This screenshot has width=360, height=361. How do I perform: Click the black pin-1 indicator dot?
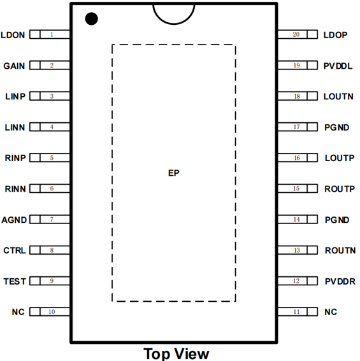pyautogui.click(x=92, y=18)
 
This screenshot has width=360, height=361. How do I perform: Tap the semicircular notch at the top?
pyautogui.click(x=174, y=24)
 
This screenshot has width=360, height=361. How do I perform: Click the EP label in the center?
pyautogui.click(x=174, y=173)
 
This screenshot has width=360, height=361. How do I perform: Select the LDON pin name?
pyautogui.click(x=13, y=35)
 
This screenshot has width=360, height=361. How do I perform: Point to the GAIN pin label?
pyautogui.click(x=14, y=66)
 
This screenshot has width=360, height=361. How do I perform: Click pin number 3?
pyautogui.click(x=52, y=96)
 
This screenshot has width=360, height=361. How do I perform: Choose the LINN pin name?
pyautogui.click(x=15, y=127)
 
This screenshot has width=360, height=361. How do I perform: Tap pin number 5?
pyautogui.click(x=52, y=158)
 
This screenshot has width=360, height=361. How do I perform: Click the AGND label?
pyautogui.click(x=14, y=220)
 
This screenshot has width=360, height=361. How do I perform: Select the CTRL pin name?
pyautogui.click(x=15, y=250)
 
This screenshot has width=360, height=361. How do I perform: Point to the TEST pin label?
pyautogui.click(x=15, y=281)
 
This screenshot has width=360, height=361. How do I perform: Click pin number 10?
pyautogui.click(x=52, y=312)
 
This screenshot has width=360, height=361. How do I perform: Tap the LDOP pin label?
pyautogui.click(x=335, y=35)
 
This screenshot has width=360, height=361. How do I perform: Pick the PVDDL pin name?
pyautogui.click(x=338, y=66)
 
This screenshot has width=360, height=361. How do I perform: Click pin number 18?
pyautogui.click(x=297, y=96)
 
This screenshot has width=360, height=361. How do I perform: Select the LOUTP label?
pyautogui.click(x=340, y=158)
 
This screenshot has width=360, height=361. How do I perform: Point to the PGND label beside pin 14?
pyautogui.click(x=337, y=220)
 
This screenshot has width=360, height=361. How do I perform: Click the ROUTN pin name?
pyautogui.click(x=340, y=250)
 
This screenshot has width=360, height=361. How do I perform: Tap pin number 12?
pyautogui.click(x=296, y=281)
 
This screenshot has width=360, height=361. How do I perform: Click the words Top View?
pyautogui.click(x=176, y=353)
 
